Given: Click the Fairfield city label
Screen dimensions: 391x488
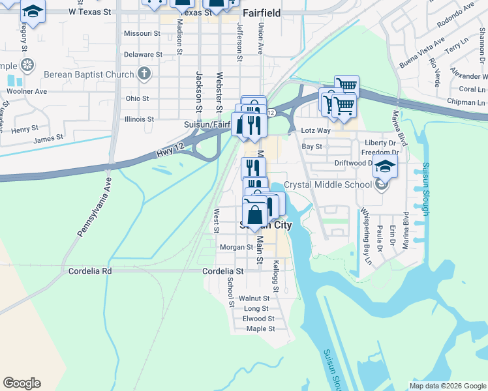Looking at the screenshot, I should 262,12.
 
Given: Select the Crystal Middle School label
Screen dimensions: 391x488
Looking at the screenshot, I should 328,184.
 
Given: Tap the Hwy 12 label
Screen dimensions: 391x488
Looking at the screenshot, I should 169,153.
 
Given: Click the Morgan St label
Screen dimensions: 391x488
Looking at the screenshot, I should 236,248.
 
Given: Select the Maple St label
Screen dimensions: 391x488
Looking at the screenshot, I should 260,328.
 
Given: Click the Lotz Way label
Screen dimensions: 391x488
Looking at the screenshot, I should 316,131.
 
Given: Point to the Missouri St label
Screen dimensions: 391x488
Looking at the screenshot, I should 137,33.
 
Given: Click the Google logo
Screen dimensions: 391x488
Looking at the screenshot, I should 22,383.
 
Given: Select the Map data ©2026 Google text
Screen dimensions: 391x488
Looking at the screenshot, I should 448,386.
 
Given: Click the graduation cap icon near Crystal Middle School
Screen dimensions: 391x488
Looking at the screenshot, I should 386,166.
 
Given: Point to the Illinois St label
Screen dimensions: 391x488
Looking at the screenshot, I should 138,119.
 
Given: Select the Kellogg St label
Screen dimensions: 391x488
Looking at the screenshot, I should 276,276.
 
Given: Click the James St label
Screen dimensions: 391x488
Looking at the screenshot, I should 48,138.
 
